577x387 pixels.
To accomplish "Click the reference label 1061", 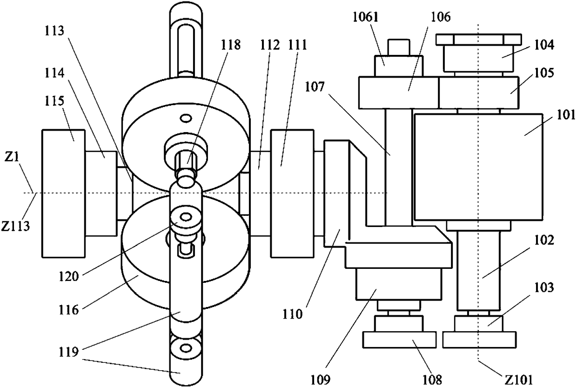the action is pyautogui.click(x=365, y=18).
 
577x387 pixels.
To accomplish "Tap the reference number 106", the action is pyautogui.click(x=441, y=17).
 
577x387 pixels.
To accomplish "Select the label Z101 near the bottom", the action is pyautogui.click(x=518, y=380).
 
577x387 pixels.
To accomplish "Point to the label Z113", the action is pyautogui.click(x=15, y=226).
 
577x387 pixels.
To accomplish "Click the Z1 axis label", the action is pyautogui.click(x=12, y=156).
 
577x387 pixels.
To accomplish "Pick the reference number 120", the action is pyautogui.click(x=68, y=277).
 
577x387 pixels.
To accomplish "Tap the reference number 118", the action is pyautogui.click(x=230, y=45).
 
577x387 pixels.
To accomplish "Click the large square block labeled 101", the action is pyautogui.click(x=478, y=167).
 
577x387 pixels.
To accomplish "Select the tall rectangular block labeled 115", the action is pyautogui.click(x=63, y=193).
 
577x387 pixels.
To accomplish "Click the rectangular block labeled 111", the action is pyautogui.click(x=292, y=193).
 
